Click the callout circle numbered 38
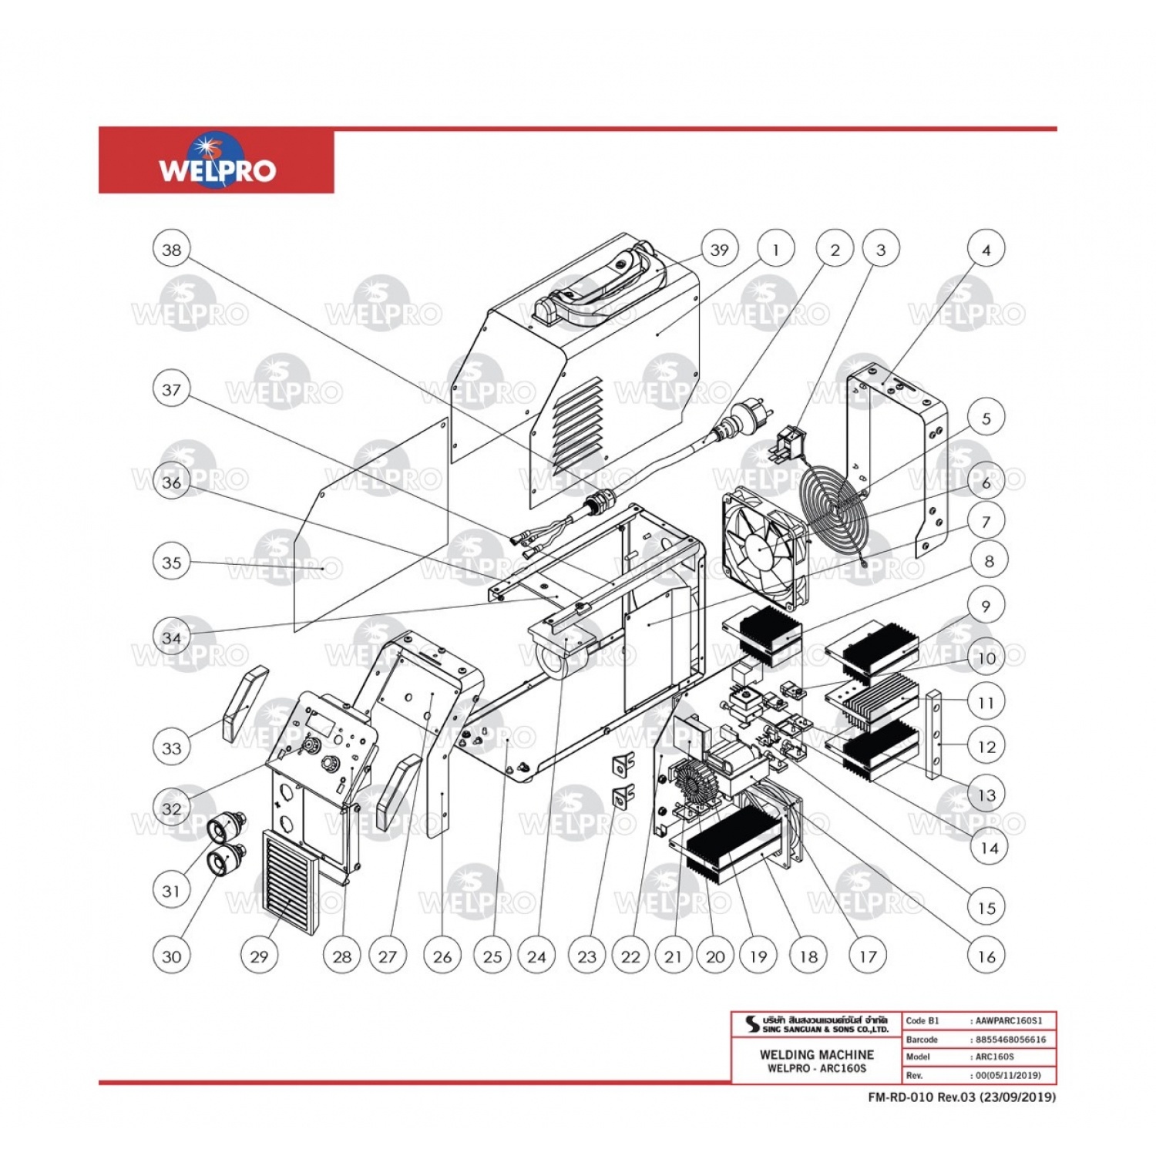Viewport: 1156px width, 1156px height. pos(172,250)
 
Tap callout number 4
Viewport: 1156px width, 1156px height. pos(986,250)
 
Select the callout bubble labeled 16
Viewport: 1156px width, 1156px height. pos(986,956)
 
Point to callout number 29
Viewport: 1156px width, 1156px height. pos(259,956)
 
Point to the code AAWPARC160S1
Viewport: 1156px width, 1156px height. pos(1009,1021)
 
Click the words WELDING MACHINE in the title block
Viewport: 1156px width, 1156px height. pos(816,1054)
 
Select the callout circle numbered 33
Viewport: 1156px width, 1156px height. pos(172,748)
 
